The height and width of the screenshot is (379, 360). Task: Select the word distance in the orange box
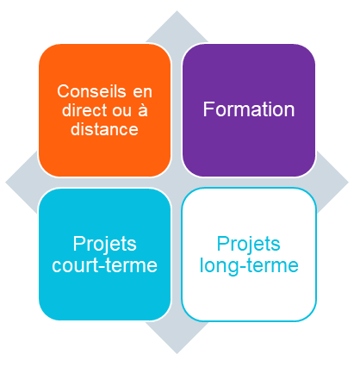(x=105, y=130)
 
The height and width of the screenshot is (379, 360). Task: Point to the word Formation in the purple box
(x=248, y=109)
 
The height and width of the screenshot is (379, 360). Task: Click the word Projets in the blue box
(x=105, y=244)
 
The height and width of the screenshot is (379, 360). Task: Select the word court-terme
(x=105, y=265)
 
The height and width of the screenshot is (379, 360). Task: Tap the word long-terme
(x=248, y=265)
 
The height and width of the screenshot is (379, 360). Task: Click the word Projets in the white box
(x=248, y=244)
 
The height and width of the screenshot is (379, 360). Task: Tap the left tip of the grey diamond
(x=8, y=183)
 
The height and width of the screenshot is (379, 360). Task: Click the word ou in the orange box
(x=122, y=110)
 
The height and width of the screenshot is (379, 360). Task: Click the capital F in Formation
(x=208, y=109)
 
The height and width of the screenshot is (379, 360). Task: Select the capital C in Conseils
(x=62, y=90)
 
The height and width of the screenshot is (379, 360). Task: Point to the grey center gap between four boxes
(x=177, y=182)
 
